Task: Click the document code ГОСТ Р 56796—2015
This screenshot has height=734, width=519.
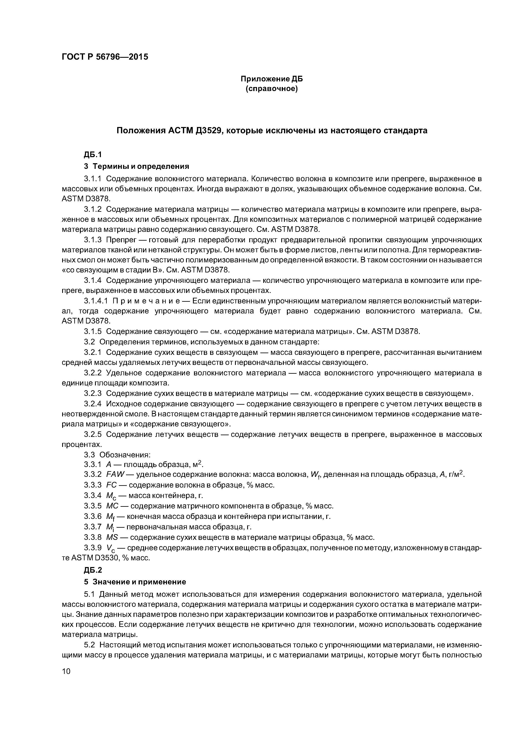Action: (105, 57)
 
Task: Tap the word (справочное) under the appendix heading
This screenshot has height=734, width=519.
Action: (271, 89)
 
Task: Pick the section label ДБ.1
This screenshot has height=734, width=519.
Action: (92, 155)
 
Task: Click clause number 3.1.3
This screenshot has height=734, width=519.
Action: (93, 240)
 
